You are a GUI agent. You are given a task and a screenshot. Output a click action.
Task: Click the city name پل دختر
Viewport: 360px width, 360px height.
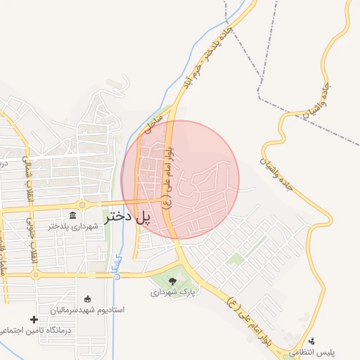pos(129,217)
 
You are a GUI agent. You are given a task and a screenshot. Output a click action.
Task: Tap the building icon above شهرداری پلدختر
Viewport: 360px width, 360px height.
pos(73,214)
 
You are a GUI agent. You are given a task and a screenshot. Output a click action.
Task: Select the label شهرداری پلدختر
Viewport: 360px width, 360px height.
pos(70,226)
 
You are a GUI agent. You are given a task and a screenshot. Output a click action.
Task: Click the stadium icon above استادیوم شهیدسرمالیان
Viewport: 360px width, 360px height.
pos(87,299)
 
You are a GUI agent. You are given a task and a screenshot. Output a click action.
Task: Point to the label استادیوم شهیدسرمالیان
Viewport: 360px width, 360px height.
pos(87,309)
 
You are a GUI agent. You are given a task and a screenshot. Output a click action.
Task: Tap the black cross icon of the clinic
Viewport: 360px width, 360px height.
pos(33,320)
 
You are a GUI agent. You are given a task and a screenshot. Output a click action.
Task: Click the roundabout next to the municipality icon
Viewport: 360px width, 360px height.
pos(82,205)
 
